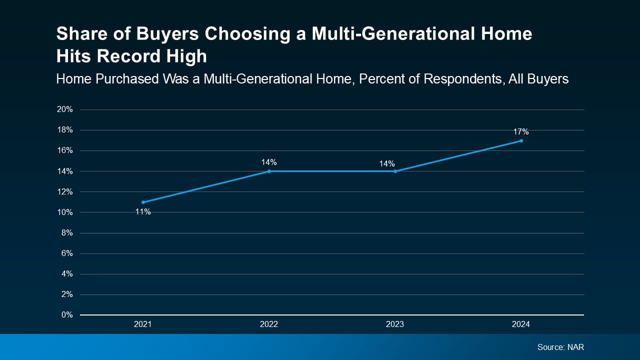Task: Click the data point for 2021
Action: click(x=143, y=202)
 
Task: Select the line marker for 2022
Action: click(x=269, y=171)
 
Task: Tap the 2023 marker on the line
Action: click(x=395, y=171)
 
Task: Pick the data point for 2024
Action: click(x=521, y=140)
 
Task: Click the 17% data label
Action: click(x=521, y=132)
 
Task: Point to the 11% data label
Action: click(x=143, y=211)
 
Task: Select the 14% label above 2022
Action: click(x=269, y=162)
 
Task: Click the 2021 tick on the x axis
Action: click(x=143, y=324)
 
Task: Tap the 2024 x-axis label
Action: click(x=521, y=324)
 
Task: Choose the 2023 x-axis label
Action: click(x=395, y=324)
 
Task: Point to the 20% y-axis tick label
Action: click(x=65, y=109)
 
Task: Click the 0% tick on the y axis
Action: click(x=67, y=315)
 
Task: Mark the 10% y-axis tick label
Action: click(x=65, y=212)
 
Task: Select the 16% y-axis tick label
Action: click(x=65, y=150)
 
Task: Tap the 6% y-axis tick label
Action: click(x=67, y=253)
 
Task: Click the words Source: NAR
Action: click(x=560, y=347)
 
